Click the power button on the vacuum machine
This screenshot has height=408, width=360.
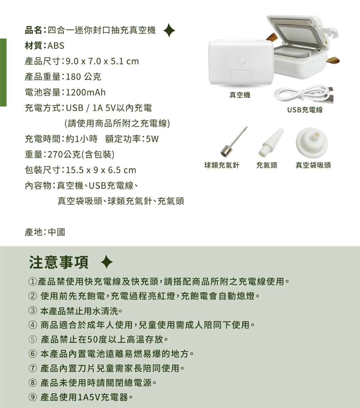(241, 60)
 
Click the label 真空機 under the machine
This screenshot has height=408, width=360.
(240, 95)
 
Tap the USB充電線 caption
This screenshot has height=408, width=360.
(305, 110)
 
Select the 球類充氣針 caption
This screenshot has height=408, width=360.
(222, 165)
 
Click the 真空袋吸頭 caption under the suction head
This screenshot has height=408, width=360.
(313, 165)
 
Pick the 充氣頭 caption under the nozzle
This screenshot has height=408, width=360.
(267, 165)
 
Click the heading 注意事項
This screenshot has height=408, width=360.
(59, 262)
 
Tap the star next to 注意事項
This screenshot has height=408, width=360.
(107, 263)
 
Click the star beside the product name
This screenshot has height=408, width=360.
(169, 31)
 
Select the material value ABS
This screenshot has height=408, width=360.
(55, 46)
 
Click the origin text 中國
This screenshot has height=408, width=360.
(57, 232)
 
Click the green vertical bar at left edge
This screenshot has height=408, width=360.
(3, 72)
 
